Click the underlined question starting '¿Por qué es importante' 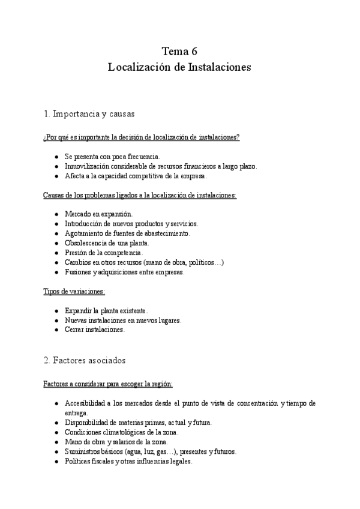(142, 137)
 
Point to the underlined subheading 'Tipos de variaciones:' (74, 291)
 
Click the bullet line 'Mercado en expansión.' (99, 214)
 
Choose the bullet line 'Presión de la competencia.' (104, 252)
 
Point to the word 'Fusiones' (79, 271)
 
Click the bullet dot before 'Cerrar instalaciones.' (56, 330)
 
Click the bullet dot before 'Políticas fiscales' (56, 461)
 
